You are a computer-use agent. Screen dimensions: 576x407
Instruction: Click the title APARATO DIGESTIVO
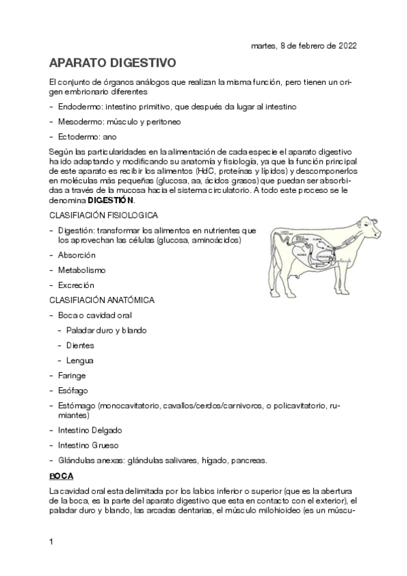click(113, 63)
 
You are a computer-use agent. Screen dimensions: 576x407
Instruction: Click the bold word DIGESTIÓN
click(111, 201)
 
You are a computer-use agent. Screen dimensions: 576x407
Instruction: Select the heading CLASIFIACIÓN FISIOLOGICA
click(104, 215)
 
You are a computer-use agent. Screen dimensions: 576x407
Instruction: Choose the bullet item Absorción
click(77, 255)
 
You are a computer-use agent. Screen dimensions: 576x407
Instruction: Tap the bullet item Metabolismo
click(82, 270)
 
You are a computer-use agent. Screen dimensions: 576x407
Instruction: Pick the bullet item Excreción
click(76, 285)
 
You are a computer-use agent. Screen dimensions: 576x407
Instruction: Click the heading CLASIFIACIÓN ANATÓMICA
click(102, 300)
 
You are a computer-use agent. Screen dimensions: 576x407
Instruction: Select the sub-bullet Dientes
click(80, 345)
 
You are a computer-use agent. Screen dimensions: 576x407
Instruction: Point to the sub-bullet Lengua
click(79, 360)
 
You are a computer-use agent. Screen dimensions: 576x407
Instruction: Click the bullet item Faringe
click(72, 375)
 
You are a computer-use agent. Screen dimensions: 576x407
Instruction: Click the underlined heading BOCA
click(61, 475)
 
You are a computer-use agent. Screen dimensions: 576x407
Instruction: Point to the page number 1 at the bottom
click(52, 541)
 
